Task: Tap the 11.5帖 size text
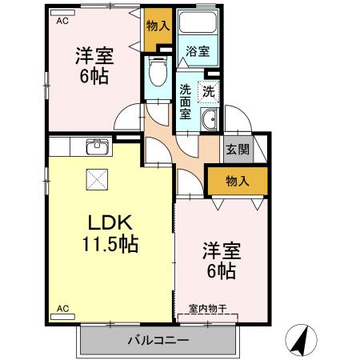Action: pos(109,244)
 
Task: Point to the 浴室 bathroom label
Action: pos(198,52)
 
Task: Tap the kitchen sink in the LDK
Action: pos(98,146)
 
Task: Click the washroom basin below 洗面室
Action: pos(210,121)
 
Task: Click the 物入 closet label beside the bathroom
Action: pos(158,25)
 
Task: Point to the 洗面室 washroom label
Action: pos(186,101)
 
